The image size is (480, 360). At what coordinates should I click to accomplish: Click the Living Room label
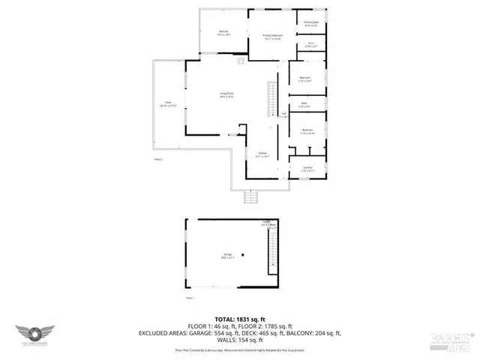click(x=227, y=94)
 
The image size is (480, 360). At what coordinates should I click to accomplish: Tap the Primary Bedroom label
click(x=271, y=36)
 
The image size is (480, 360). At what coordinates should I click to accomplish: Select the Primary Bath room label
click(x=311, y=22)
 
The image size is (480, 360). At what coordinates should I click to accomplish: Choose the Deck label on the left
click(x=162, y=104)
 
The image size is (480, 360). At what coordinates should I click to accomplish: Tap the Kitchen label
click(x=262, y=154)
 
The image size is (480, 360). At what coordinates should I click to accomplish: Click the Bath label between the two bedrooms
click(x=304, y=104)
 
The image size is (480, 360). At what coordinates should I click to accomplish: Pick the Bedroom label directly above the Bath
click(x=306, y=79)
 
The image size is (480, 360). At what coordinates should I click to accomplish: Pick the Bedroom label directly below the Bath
click(x=307, y=130)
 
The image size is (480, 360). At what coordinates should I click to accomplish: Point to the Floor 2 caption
click(x=158, y=160)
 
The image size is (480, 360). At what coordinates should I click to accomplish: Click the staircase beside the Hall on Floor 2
click(x=272, y=97)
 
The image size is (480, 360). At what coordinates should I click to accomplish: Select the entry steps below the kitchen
click(x=253, y=198)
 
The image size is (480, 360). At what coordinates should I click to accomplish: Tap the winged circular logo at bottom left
click(x=33, y=331)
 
